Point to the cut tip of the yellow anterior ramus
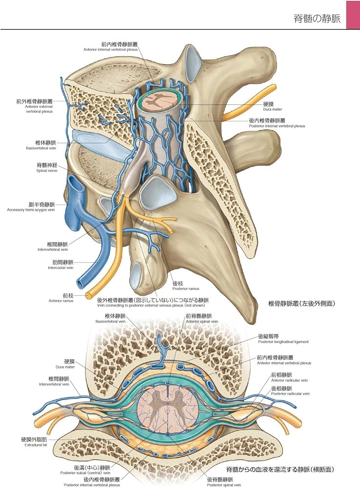pos(89,295)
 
